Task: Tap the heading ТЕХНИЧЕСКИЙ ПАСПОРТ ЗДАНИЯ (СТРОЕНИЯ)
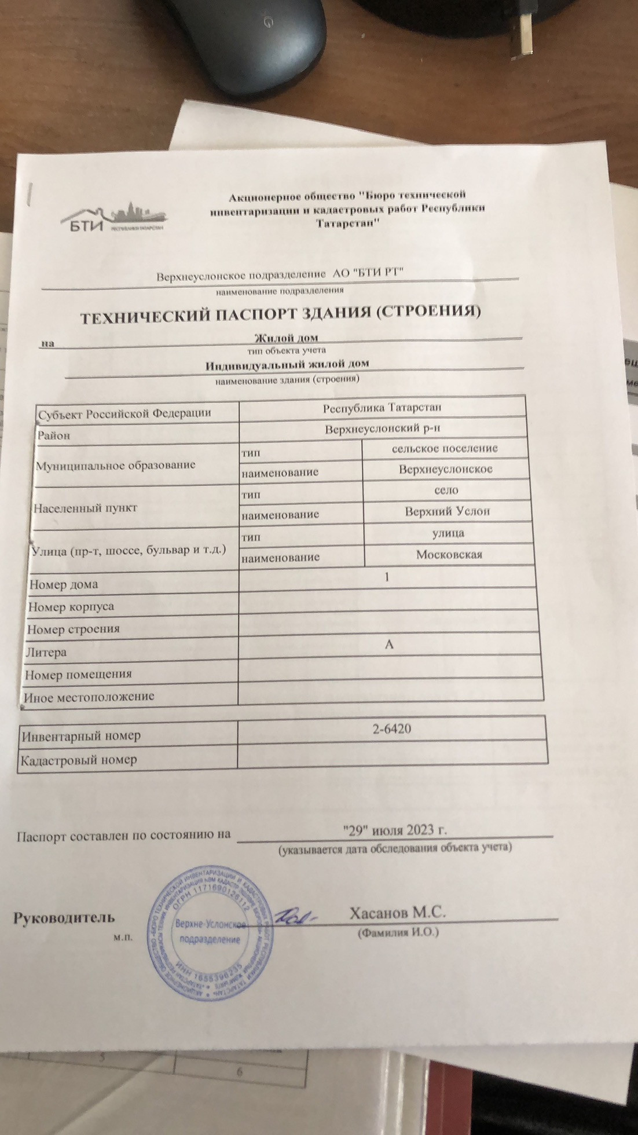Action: (x=280, y=316)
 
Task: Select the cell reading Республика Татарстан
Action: (x=382, y=408)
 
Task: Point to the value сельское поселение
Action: (x=445, y=448)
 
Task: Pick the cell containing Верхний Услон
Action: (x=447, y=511)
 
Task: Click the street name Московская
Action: (x=449, y=555)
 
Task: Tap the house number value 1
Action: (x=387, y=577)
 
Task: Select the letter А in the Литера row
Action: (x=389, y=644)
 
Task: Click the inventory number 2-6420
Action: (x=392, y=728)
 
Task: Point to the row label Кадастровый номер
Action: (x=79, y=760)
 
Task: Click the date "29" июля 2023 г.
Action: (x=395, y=830)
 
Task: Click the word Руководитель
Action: (x=64, y=918)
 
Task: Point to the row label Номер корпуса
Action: (x=71, y=607)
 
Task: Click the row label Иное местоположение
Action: (x=89, y=697)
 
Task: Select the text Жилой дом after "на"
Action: (x=286, y=338)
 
